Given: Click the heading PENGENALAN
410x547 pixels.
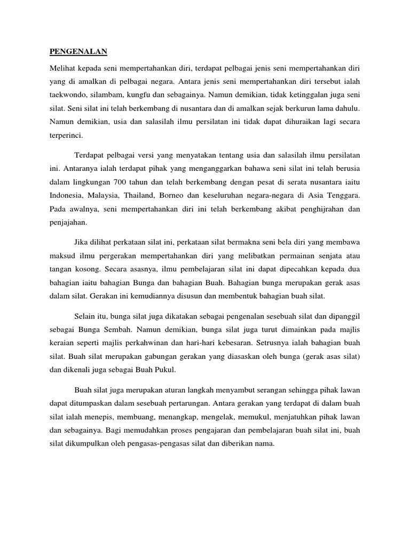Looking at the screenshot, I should (x=78, y=52).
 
